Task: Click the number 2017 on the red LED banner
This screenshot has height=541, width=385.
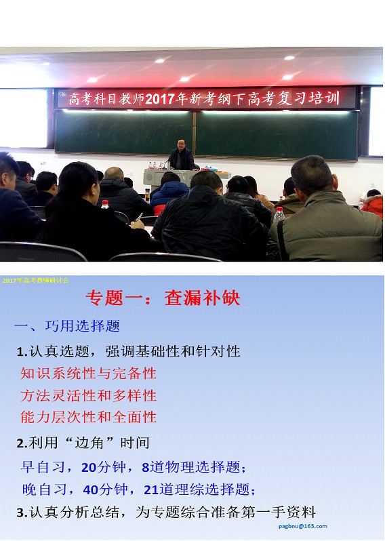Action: coord(160,99)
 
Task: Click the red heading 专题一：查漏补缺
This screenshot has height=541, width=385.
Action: coord(163,298)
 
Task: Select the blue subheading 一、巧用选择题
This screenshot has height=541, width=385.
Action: coord(67,326)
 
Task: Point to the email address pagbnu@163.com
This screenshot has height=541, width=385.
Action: coord(303,526)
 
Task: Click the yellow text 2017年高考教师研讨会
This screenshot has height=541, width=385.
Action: coord(35,281)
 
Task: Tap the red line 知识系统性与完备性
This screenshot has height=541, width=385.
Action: coord(88,374)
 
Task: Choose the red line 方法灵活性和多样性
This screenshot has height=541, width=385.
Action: coord(88,395)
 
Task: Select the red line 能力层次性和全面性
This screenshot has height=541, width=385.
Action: coord(88,417)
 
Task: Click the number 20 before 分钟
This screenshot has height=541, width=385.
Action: coord(89,468)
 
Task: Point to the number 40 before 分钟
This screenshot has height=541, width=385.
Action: coord(91,489)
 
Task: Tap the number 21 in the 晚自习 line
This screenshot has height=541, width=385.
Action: coord(150,489)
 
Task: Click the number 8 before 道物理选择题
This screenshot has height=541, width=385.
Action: coord(145,468)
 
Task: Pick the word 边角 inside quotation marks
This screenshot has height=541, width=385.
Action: coord(89,443)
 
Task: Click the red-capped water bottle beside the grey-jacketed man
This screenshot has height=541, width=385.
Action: coord(279,214)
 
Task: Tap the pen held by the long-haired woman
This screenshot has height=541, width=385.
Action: coord(138,218)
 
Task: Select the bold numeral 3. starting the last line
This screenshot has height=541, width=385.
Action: coord(22,513)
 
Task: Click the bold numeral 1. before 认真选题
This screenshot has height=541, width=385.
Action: coord(22,352)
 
